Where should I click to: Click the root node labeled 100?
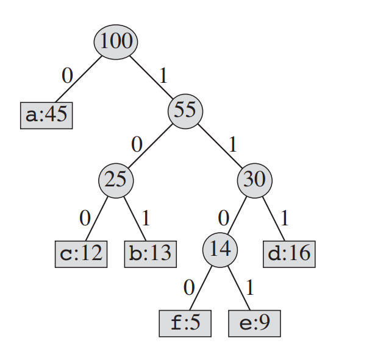[116, 41]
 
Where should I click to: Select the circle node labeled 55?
[185, 110]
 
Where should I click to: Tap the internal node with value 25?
[116, 180]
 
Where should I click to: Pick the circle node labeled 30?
[255, 180]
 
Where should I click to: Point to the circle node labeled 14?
[220, 249]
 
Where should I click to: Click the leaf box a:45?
[46, 115]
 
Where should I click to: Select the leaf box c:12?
[81, 253]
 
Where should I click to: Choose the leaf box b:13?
[151, 253]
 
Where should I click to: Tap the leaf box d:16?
[290, 253]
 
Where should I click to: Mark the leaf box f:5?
[185, 323]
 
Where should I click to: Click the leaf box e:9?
[255, 323]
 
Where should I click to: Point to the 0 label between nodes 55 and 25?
[137, 145]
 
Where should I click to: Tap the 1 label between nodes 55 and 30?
[232, 145]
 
